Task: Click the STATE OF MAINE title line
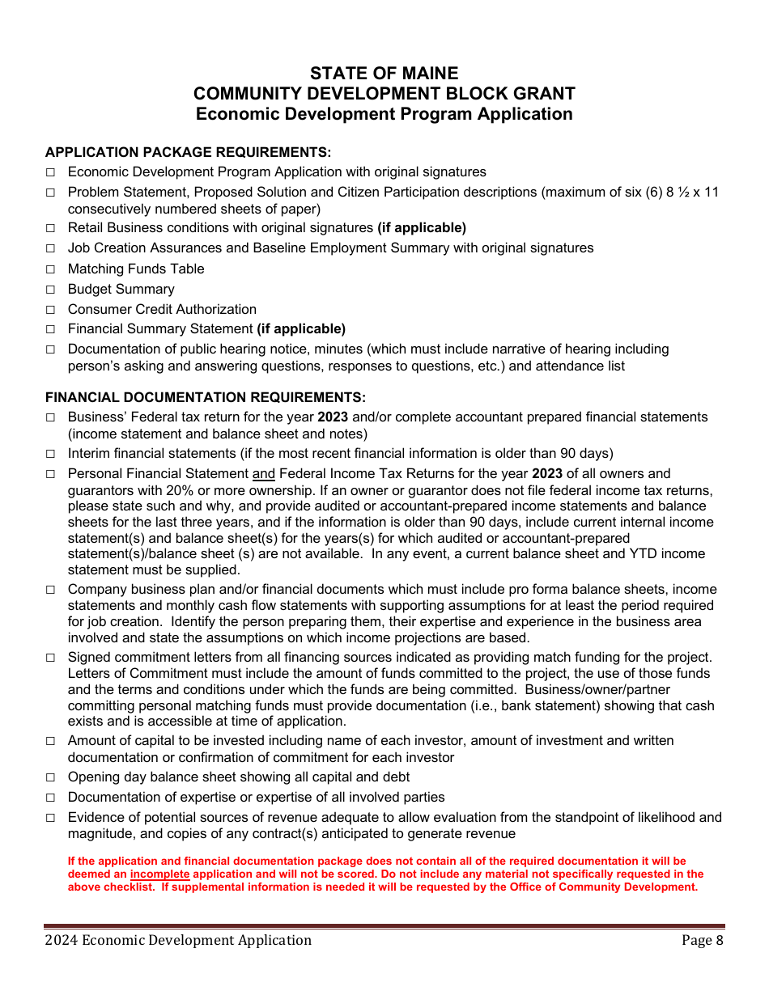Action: point(384,74)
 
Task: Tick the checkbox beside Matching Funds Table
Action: point(50,269)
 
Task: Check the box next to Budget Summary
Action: point(50,290)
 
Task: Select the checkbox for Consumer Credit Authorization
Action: point(50,310)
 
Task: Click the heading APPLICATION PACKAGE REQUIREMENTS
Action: point(188,152)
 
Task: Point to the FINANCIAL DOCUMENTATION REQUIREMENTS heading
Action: point(206,397)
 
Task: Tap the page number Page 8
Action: point(702,940)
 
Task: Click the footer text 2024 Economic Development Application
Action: point(178,940)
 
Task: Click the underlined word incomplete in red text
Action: point(159,874)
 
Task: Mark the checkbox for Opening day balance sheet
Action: point(50,777)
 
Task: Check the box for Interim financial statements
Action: point(50,454)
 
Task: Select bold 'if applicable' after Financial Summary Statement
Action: point(301,329)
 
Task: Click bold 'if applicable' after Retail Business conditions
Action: point(422,228)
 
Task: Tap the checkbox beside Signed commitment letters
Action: point(50,658)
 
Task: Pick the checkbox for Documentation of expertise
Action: point(50,798)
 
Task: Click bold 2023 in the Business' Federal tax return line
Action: point(331,417)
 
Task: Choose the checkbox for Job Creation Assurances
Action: point(50,248)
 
